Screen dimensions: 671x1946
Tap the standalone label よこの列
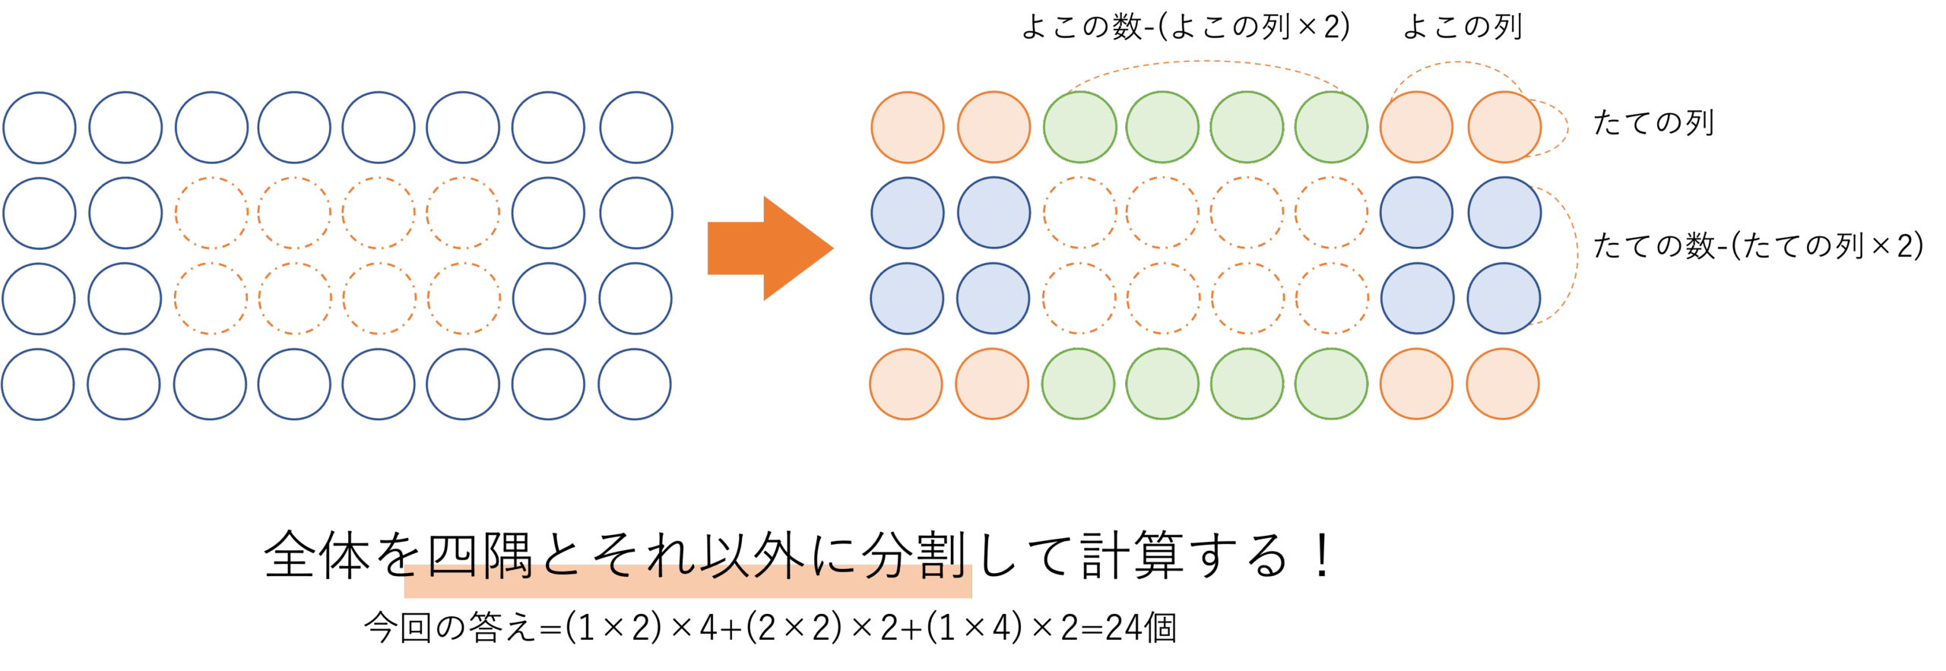[1462, 27]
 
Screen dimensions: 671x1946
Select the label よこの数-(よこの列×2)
[1184, 27]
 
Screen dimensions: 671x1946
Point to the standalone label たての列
[1653, 123]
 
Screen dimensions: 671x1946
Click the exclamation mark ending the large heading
[1322, 555]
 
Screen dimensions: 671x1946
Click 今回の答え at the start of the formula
[449, 628]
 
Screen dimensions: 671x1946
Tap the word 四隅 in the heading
[479, 555]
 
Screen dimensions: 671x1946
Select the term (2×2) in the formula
[794, 628]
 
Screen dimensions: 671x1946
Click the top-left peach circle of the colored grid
[907, 128]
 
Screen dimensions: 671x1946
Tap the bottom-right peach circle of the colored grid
[1502, 384]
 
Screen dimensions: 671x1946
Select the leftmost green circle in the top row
[1079, 128]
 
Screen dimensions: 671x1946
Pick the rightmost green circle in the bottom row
[1331, 384]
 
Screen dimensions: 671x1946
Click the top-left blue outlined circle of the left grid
[40, 128]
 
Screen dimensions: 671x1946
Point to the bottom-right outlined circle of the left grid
[634, 384]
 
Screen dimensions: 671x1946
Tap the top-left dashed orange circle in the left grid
[211, 213]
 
